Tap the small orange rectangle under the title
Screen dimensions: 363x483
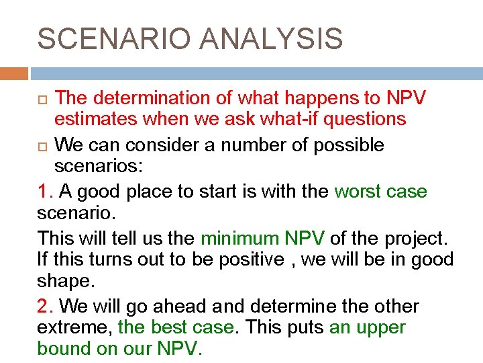[x=13, y=73]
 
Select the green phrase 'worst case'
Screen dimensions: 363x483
[x=380, y=192]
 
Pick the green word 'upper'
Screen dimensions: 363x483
[x=382, y=328]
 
